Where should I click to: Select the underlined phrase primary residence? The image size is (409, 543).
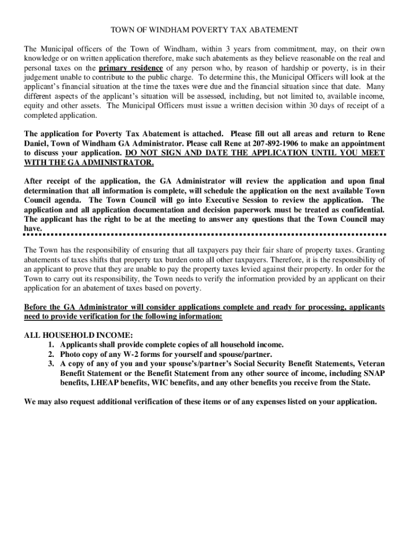[131, 68]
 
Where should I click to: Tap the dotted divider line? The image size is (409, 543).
[204, 234]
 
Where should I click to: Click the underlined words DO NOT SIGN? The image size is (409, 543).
[155, 153]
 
